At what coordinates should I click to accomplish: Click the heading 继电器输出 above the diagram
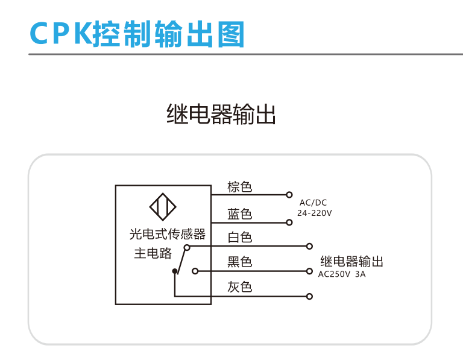pyautogui.click(x=221, y=114)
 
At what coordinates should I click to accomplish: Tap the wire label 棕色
pyautogui.click(x=239, y=187)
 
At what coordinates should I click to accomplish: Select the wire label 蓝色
pyautogui.click(x=239, y=214)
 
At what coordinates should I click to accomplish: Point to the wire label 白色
pyautogui.click(x=239, y=238)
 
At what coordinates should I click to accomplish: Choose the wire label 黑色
pyautogui.click(x=239, y=262)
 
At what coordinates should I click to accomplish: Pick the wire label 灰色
pyautogui.click(x=239, y=287)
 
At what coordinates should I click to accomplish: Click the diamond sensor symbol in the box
pyautogui.click(x=163, y=207)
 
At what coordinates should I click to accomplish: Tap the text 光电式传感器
pyautogui.click(x=168, y=234)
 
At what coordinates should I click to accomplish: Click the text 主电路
pyautogui.click(x=153, y=254)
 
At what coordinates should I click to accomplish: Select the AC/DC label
pyautogui.click(x=313, y=203)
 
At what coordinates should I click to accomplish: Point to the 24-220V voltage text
pyautogui.click(x=315, y=213)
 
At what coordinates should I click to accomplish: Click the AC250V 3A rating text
pyautogui.click(x=342, y=274)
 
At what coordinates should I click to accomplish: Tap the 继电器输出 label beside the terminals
pyautogui.click(x=352, y=262)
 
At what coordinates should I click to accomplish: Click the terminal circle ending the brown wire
pyautogui.click(x=290, y=195)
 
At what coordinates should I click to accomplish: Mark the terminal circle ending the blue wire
pyautogui.click(x=290, y=223)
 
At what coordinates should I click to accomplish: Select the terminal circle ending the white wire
pyautogui.click(x=309, y=246)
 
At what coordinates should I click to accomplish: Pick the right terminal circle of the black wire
pyautogui.click(x=309, y=271)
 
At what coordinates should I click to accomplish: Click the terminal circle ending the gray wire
pyautogui.click(x=309, y=296)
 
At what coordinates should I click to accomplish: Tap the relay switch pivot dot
pyautogui.click(x=175, y=272)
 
